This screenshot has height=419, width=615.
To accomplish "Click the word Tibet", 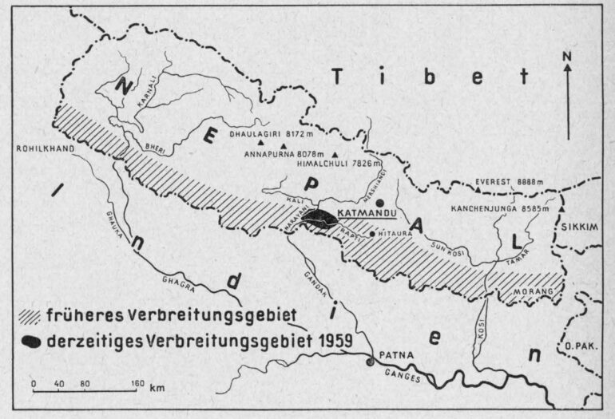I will click(x=430, y=77).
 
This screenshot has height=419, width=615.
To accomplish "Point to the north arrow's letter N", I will click(x=566, y=56).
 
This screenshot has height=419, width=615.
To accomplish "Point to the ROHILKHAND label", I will click(x=43, y=147).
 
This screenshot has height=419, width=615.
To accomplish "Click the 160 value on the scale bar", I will click(x=137, y=384).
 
